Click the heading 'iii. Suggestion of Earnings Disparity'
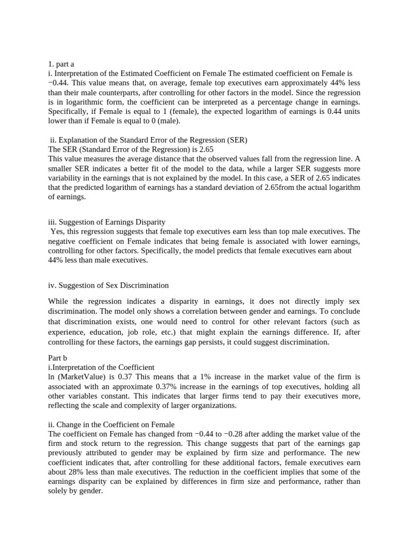pos(107,221)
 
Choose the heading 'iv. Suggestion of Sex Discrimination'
pos(108,285)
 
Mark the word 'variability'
pos(66,178)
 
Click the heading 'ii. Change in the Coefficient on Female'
pos(111,424)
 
